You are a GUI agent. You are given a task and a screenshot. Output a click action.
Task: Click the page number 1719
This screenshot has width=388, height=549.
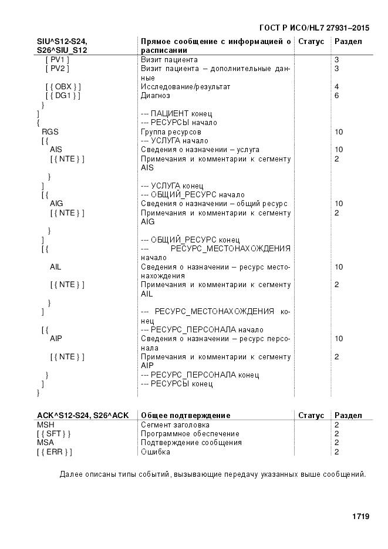tap(360, 517)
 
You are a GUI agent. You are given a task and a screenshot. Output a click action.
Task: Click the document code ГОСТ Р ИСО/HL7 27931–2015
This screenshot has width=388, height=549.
tap(314, 28)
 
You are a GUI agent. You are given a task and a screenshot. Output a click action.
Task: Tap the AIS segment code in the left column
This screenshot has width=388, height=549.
tap(56, 150)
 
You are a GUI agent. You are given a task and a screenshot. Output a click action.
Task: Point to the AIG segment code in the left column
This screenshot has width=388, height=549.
tap(56, 204)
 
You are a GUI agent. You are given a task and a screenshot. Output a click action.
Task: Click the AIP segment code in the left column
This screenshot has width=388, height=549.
tap(56, 339)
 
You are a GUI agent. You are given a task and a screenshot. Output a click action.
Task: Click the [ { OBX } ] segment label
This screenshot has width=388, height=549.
tap(63, 87)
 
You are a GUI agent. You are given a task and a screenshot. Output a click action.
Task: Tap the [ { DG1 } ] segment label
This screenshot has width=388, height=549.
tap(63, 96)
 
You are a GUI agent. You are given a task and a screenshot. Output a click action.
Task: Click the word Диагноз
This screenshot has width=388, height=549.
tap(156, 96)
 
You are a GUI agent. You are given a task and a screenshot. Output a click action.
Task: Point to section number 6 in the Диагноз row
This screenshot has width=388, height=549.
tap(337, 96)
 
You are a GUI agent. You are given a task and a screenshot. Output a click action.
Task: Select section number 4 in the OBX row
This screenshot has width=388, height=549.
tap(337, 87)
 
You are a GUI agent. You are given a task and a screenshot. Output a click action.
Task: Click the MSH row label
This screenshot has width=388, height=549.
tap(45, 425)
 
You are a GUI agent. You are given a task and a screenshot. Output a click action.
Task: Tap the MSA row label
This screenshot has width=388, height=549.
tap(45, 443)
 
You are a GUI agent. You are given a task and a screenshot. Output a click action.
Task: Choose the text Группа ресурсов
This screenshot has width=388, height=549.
tap(167, 132)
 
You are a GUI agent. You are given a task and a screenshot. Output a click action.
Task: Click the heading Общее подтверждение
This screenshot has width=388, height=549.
tap(185, 416)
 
